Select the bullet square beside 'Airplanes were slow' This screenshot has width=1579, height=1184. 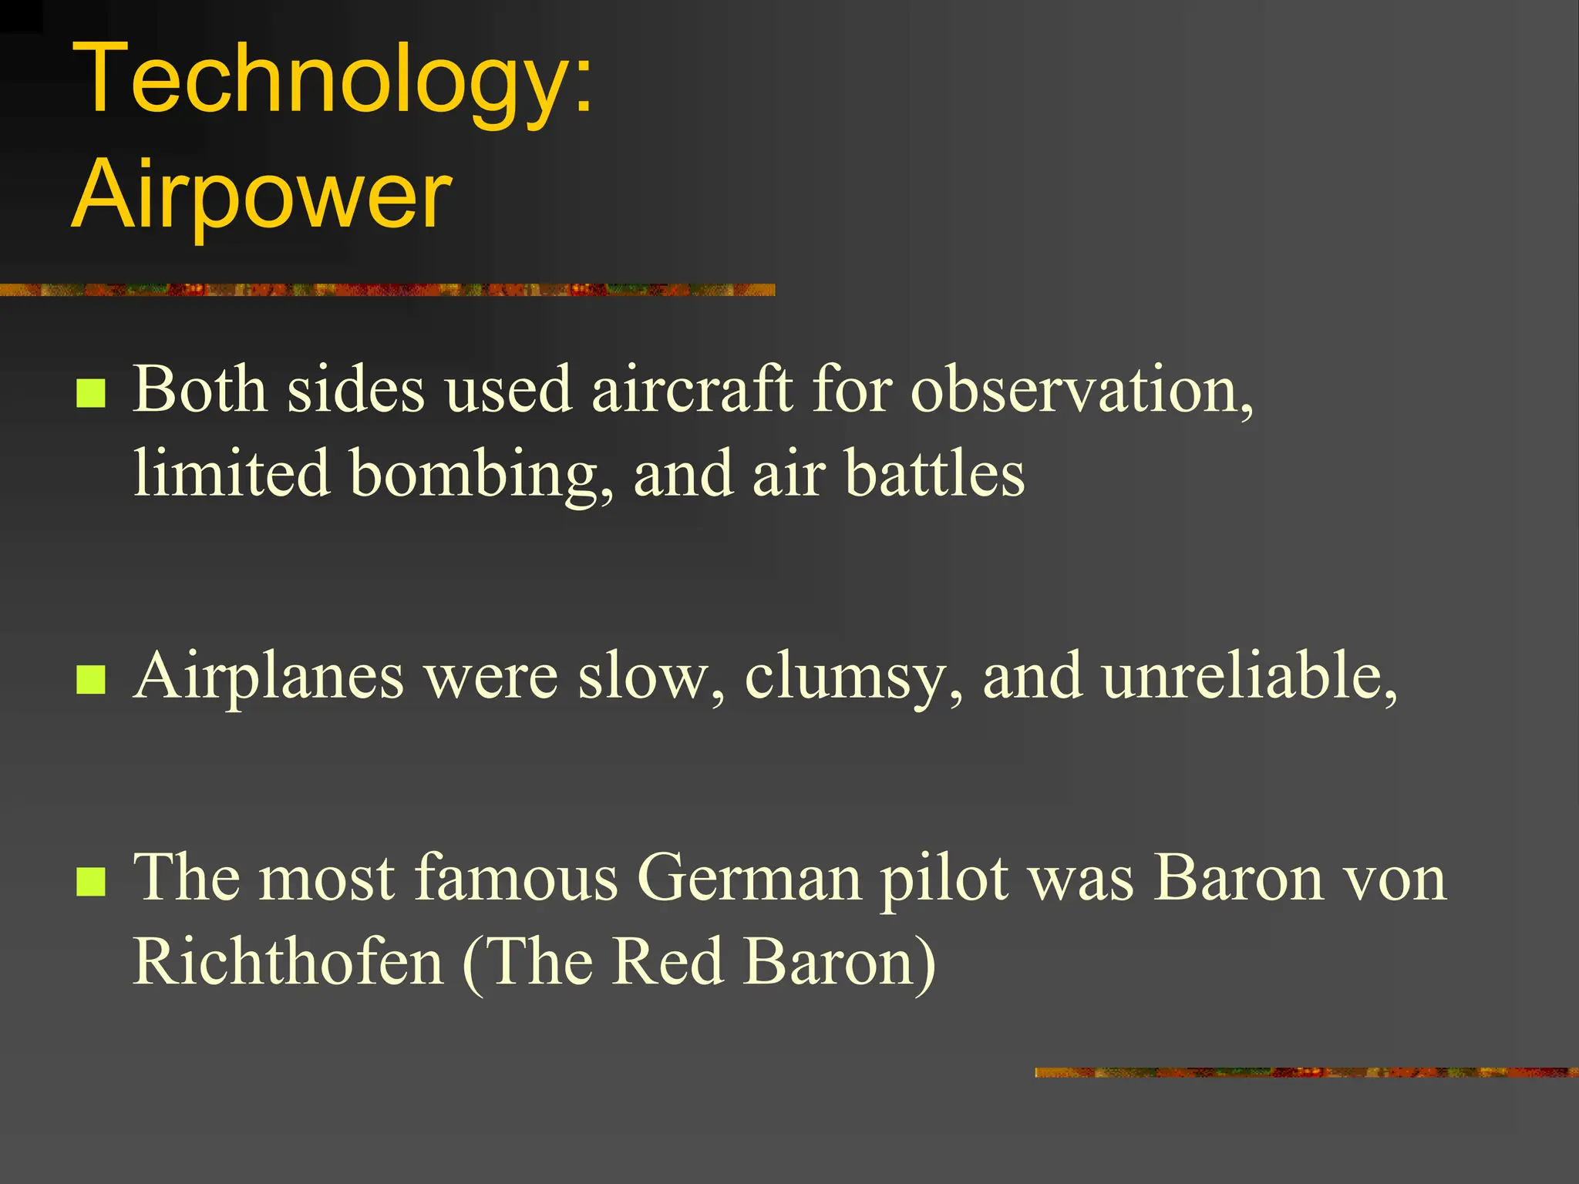(x=91, y=680)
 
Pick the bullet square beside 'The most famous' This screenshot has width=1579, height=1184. (x=91, y=882)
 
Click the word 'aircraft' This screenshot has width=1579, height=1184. (x=692, y=389)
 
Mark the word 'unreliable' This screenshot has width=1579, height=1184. (x=1249, y=675)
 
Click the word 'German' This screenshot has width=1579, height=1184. (x=749, y=879)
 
